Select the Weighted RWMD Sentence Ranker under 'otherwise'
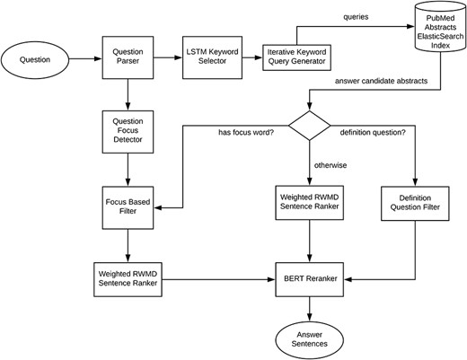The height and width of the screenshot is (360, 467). [x=310, y=203]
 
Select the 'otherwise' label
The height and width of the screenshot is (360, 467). [x=331, y=165]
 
